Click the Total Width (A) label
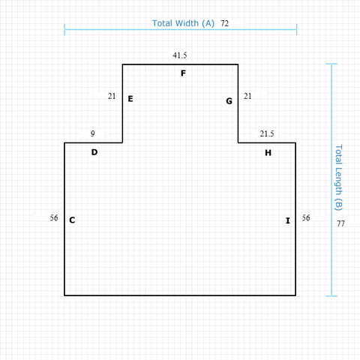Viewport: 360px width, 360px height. [183, 23]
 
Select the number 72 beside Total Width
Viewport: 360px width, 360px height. [224, 23]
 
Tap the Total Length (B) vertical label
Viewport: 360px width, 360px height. [338, 178]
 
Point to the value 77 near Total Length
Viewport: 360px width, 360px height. [340, 223]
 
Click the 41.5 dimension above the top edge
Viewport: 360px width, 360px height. [180, 55]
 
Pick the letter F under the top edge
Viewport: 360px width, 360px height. [183, 73]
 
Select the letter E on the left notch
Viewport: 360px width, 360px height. [130, 99]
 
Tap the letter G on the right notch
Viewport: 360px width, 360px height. [229, 101]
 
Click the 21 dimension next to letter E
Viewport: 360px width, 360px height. [112, 96]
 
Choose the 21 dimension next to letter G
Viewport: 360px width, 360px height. [247, 96]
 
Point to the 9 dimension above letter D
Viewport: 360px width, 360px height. [93, 133]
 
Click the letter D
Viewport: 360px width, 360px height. [94, 152]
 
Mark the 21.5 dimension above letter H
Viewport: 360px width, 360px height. [267, 133]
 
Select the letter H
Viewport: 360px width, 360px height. [268, 152]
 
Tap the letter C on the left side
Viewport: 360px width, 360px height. [72, 220]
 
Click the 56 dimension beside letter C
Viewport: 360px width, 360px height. [54, 217]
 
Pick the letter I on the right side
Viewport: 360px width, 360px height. [288, 220]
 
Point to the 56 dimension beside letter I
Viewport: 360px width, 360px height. [306, 217]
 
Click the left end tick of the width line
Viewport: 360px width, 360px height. [64, 29]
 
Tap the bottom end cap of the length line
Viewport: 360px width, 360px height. [331, 296]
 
